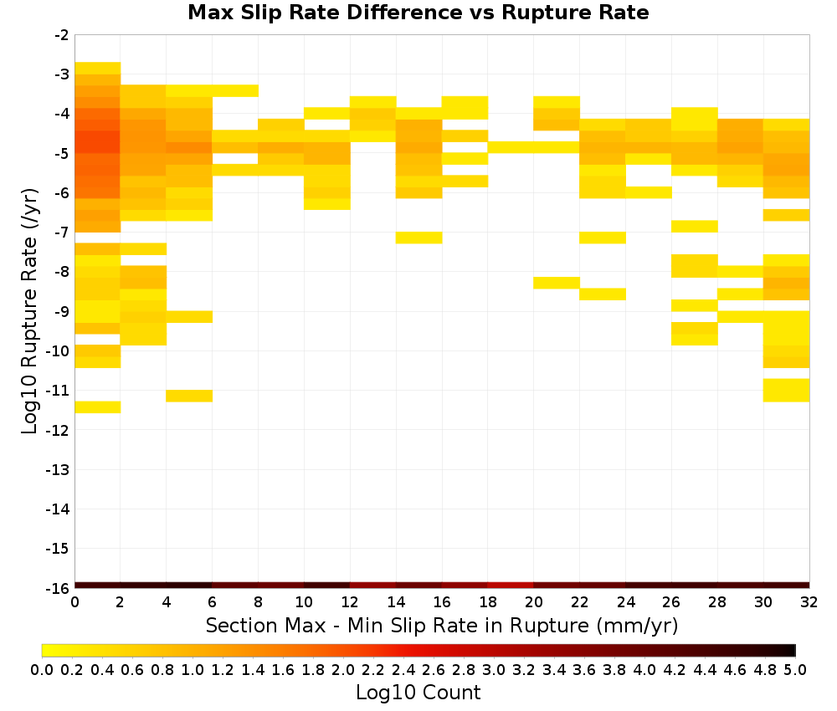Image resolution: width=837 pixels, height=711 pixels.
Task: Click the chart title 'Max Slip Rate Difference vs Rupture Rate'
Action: [x=418, y=13]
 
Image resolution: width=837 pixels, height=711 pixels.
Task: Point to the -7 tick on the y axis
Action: [x=62, y=233]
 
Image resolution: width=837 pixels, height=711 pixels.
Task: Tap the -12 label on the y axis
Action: [x=59, y=430]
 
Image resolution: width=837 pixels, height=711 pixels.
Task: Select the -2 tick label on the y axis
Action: [x=62, y=35]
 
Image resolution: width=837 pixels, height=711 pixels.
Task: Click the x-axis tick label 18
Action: [x=488, y=602]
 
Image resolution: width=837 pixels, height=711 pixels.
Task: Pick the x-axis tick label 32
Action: [x=809, y=602]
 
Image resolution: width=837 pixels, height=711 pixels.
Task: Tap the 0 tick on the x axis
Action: [x=74, y=602]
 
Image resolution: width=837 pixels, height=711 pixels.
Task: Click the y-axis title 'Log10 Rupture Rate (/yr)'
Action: [x=30, y=311]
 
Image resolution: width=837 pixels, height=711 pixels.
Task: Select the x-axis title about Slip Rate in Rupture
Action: [x=442, y=625]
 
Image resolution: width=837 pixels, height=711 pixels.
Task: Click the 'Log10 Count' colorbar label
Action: [x=418, y=693]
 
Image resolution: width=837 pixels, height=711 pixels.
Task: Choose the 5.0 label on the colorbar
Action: [x=795, y=669]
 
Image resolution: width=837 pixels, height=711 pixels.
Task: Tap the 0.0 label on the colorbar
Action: [x=42, y=669]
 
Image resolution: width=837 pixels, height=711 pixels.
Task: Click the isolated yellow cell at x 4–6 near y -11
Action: [x=189, y=396]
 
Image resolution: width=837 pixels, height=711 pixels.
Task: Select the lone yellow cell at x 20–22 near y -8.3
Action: [x=557, y=283]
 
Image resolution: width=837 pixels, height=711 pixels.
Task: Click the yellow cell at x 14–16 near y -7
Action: [x=419, y=238]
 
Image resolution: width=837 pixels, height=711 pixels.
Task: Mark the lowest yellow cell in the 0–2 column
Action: [x=98, y=407]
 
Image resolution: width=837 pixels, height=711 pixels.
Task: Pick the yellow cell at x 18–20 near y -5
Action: [x=511, y=147]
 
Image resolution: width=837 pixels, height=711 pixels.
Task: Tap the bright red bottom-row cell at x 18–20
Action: [x=511, y=586]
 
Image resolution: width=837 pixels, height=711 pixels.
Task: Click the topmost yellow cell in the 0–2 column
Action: [x=98, y=69]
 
